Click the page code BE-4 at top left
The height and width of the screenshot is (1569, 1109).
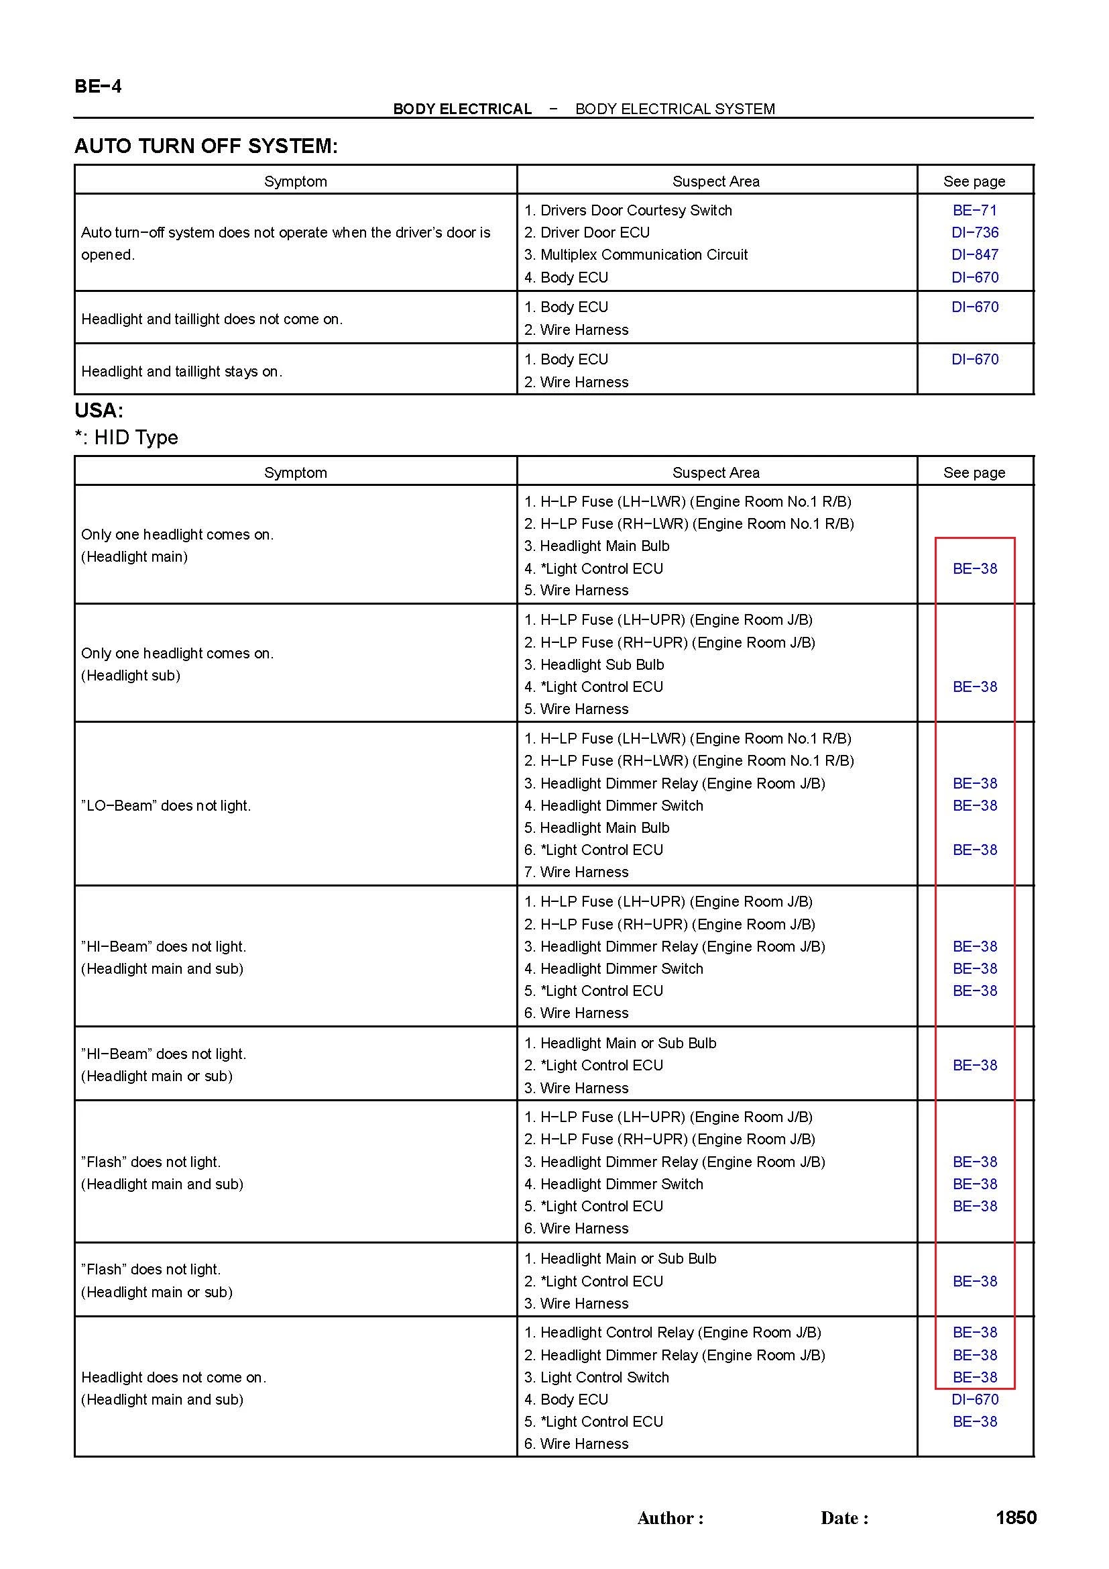tap(98, 86)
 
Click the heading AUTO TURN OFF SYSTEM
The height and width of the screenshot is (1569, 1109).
tap(206, 146)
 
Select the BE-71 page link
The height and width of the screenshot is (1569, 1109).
tap(974, 211)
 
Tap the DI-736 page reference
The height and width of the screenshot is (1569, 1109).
tap(974, 232)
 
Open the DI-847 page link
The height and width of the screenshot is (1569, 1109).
tap(974, 255)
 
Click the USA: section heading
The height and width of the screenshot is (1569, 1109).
tap(99, 410)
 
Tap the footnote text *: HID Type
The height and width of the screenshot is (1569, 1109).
tap(126, 438)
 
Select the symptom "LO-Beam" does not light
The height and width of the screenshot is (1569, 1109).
tap(166, 806)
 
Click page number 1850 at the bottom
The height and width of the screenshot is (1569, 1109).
tap(1016, 1518)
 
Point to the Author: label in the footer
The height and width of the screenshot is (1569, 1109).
tap(670, 1519)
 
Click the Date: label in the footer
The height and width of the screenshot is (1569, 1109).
tap(844, 1519)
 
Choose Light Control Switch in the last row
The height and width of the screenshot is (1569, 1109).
tap(604, 1377)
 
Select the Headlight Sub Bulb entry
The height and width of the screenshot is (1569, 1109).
tap(601, 664)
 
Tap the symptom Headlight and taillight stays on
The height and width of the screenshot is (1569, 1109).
tap(182, 371)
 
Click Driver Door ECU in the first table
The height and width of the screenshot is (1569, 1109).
tap(594, 232)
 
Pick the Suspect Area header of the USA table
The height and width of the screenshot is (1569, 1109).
tap(715, 472)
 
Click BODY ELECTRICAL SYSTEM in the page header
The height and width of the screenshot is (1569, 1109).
tap(675, 109)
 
